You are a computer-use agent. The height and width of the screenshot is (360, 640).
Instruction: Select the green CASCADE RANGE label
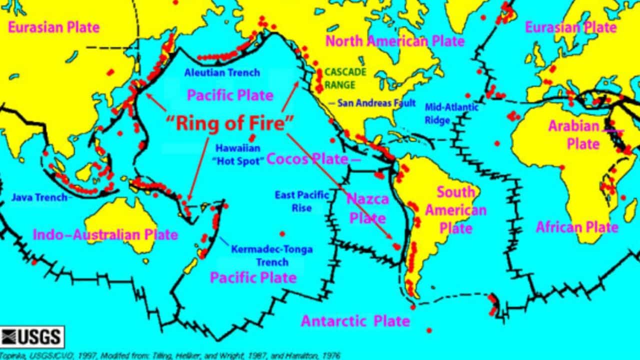[x=345, y=78]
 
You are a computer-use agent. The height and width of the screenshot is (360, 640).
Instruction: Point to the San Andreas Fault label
[x=376, y=103]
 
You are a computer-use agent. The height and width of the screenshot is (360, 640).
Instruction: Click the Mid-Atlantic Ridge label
[x=451, y=113]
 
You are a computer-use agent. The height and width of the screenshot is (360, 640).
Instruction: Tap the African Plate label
[x=577, y=227]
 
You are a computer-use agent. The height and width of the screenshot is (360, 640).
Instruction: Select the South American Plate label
[x=455, y=210]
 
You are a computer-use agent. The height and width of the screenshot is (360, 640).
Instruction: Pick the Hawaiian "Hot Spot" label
[x=237, y=154]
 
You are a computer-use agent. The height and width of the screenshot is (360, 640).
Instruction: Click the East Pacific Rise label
[x=301, y=201]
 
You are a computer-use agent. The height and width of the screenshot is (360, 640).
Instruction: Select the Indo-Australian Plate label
[x=105, y=234]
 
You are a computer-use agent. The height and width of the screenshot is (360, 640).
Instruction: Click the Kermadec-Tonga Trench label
[x=271, y=255]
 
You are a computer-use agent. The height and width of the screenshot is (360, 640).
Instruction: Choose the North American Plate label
[x=395, y=41]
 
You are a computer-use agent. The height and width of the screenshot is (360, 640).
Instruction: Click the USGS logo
[x=32, y=336]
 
